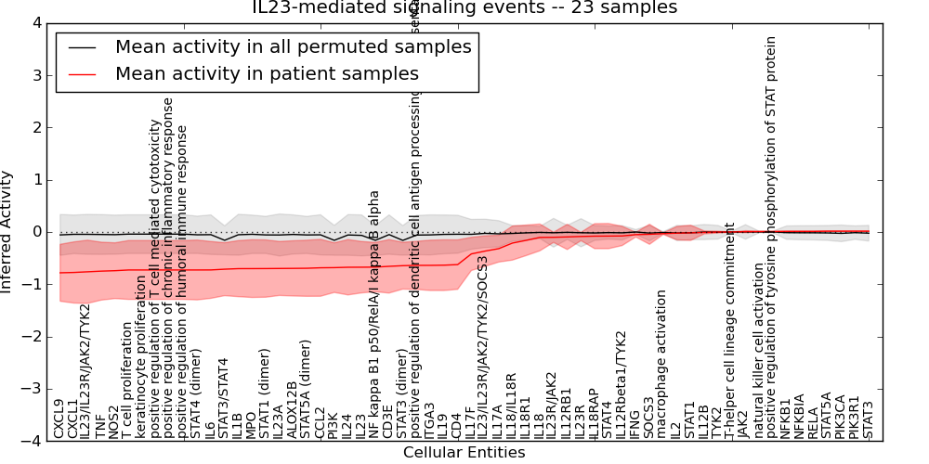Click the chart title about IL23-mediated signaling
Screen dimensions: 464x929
(464, 7)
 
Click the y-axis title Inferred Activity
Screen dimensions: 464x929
(7, 232)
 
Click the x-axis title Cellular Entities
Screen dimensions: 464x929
(464, 453)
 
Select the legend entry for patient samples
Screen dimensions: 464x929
(267, 73)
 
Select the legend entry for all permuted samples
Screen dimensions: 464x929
(293, 46)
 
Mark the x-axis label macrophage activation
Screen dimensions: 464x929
(661, 363)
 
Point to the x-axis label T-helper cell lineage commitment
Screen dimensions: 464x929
(730, 329)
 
